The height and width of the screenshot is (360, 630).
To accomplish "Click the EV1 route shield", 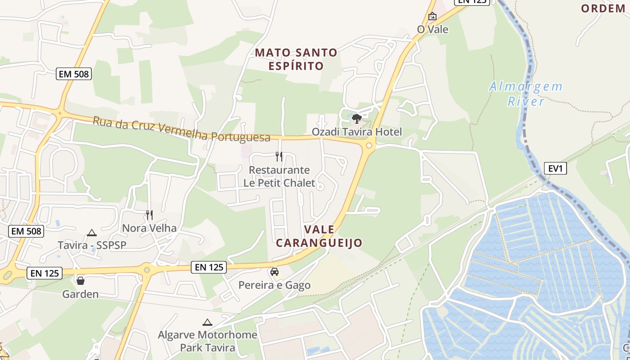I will [556, 169].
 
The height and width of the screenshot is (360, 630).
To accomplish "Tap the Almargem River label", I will [526, 94].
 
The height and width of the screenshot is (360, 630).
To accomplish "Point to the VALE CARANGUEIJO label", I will [319, 236].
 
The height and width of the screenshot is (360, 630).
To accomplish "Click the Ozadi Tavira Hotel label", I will [357, 132].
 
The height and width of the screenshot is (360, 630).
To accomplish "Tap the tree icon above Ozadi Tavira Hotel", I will [357, 119].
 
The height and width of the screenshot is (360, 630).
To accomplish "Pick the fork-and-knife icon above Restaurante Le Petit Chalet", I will [279, 157].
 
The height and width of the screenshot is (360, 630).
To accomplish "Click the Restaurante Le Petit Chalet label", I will [279, 176].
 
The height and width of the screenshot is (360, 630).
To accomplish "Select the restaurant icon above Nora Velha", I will [149, 215].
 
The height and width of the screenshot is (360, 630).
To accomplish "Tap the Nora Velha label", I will [149, 228].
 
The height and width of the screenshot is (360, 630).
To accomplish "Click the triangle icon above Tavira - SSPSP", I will [92, 233].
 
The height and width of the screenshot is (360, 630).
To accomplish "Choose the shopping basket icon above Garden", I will [81, 281].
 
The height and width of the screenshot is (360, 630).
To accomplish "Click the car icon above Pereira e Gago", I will [274, 272].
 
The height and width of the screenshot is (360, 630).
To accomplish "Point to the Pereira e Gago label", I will [274, 285].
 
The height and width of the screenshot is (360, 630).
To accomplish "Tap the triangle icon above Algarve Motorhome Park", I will [207, 322].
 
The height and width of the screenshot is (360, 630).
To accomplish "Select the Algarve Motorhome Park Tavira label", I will [207, 341].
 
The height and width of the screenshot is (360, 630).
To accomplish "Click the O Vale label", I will [432, 29].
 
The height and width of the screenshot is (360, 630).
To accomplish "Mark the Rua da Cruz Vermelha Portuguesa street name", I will [181, 130].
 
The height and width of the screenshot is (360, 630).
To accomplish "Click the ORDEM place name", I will [603, 9].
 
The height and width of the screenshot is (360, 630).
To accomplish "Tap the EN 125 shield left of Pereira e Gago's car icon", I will [209, 267].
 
